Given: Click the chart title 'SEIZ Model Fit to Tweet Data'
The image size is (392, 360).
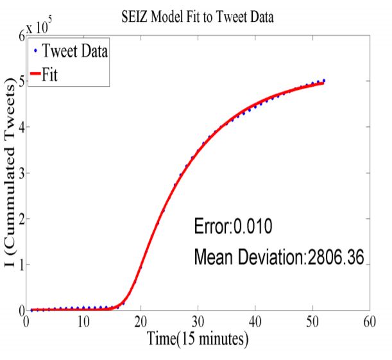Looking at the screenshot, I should coord(197,17).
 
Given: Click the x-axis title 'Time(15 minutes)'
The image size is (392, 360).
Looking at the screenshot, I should coord(196,338).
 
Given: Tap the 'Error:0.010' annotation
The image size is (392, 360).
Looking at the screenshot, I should coord(234,227).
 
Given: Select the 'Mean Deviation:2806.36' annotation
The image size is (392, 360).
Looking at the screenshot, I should coord(279,257).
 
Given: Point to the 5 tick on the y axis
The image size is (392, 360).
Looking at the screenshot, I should coord(20,81).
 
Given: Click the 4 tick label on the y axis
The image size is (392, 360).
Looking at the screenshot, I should coord(20,127).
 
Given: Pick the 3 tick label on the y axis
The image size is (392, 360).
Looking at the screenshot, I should coord(20,173).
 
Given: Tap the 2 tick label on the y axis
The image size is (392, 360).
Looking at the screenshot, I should coord(20,219).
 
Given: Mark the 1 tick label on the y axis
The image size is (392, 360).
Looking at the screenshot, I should coord(20,265).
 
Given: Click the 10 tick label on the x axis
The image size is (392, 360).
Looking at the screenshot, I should coord(83,320).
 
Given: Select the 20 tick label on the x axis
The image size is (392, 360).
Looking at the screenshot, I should coord(141,320).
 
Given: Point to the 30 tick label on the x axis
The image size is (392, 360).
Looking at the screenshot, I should coord(198,320).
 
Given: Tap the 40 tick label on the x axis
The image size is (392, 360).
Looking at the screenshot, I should coord(255,320).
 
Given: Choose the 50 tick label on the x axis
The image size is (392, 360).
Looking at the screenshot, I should coord(312,320).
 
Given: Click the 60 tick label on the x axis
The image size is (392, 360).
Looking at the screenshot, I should coord(368,320).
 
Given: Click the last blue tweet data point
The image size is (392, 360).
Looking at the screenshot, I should coord(324,81).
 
